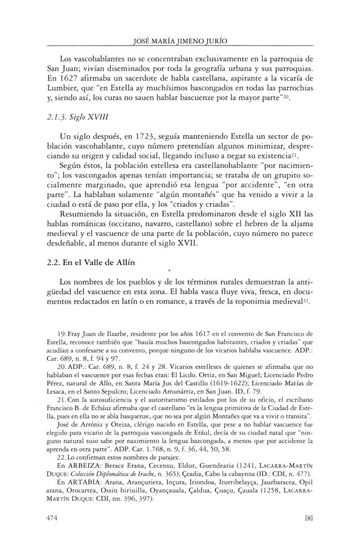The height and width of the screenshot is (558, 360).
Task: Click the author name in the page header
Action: pos(180,40)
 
